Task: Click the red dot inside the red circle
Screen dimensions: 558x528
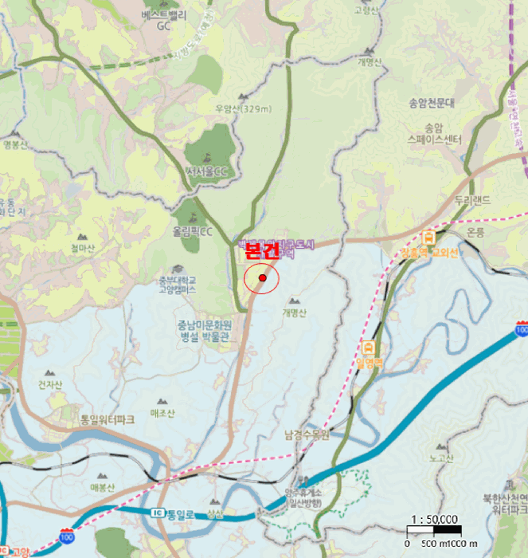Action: click(262, 278)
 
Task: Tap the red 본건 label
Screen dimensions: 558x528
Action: click(262, 251)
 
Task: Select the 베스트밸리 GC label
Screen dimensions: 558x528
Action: click(164, 21)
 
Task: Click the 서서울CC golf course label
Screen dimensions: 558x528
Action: click(206, 171)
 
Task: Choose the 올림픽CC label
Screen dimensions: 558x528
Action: click(194, 232)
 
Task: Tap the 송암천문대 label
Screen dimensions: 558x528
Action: click(431, 103)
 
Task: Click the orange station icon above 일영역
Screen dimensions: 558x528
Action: click(370, 348)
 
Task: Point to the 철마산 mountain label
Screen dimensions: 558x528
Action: click(81, 248)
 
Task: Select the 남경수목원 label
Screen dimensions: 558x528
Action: click(307, 435)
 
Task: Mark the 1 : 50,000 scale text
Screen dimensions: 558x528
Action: click(435, 519)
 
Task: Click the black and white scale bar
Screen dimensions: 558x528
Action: click(435, 530)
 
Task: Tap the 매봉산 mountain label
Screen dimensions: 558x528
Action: click(104, 487)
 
